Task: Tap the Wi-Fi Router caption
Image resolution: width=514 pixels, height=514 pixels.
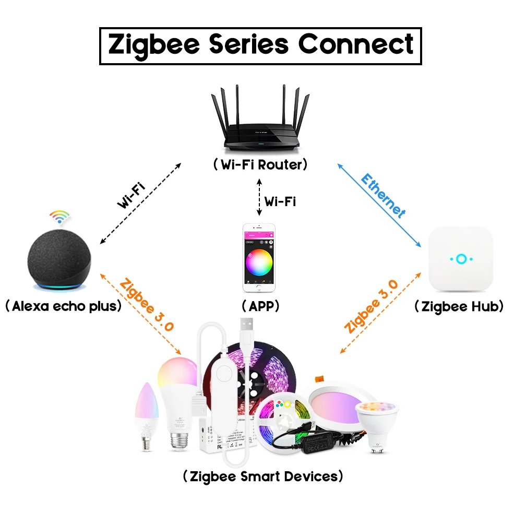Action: click(x=260, y=165)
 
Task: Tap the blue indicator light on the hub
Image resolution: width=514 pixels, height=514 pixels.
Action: click(x=461, y=259)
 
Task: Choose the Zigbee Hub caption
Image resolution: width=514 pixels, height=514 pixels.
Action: click(x=459, y=306)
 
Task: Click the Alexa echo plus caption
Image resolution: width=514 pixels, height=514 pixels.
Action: click(x=63, y=306)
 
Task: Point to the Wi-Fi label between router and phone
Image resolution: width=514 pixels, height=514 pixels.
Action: click(x=280, y=201)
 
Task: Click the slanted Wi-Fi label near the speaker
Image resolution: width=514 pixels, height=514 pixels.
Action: click(x=130, y=196)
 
